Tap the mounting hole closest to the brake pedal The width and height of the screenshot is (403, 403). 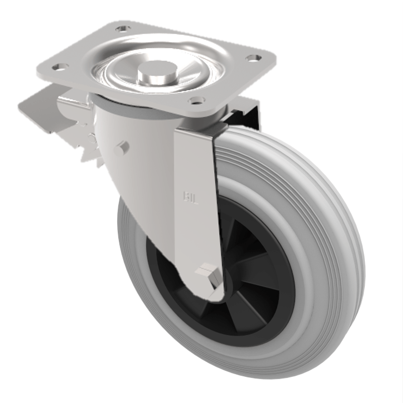click(59, 66)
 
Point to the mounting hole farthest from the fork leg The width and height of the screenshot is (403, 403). click(121, 29)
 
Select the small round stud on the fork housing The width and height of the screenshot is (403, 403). click(121, 149)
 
